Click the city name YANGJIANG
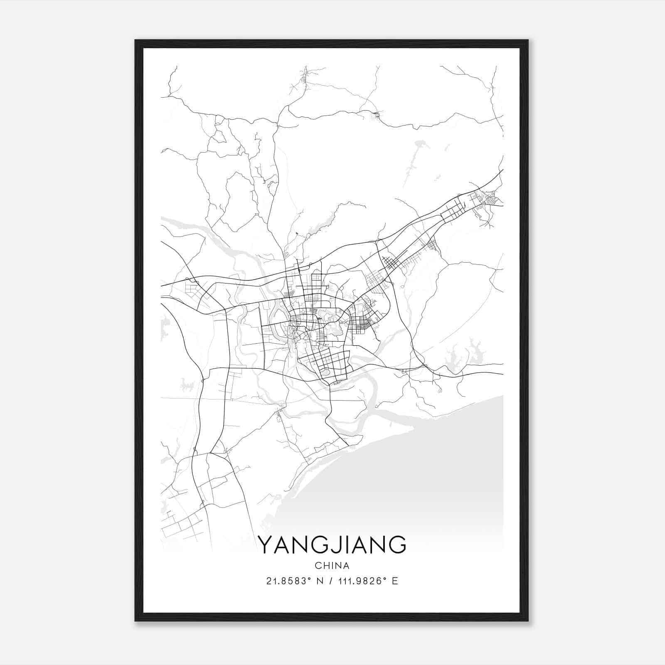(x=332, y=545)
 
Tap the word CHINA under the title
(x=332, y=566)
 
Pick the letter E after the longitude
(x=395, y=581)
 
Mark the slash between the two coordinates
(x=331, y=581)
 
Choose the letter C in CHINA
(x=318, y=566)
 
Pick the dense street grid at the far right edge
(x=490, y=199)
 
